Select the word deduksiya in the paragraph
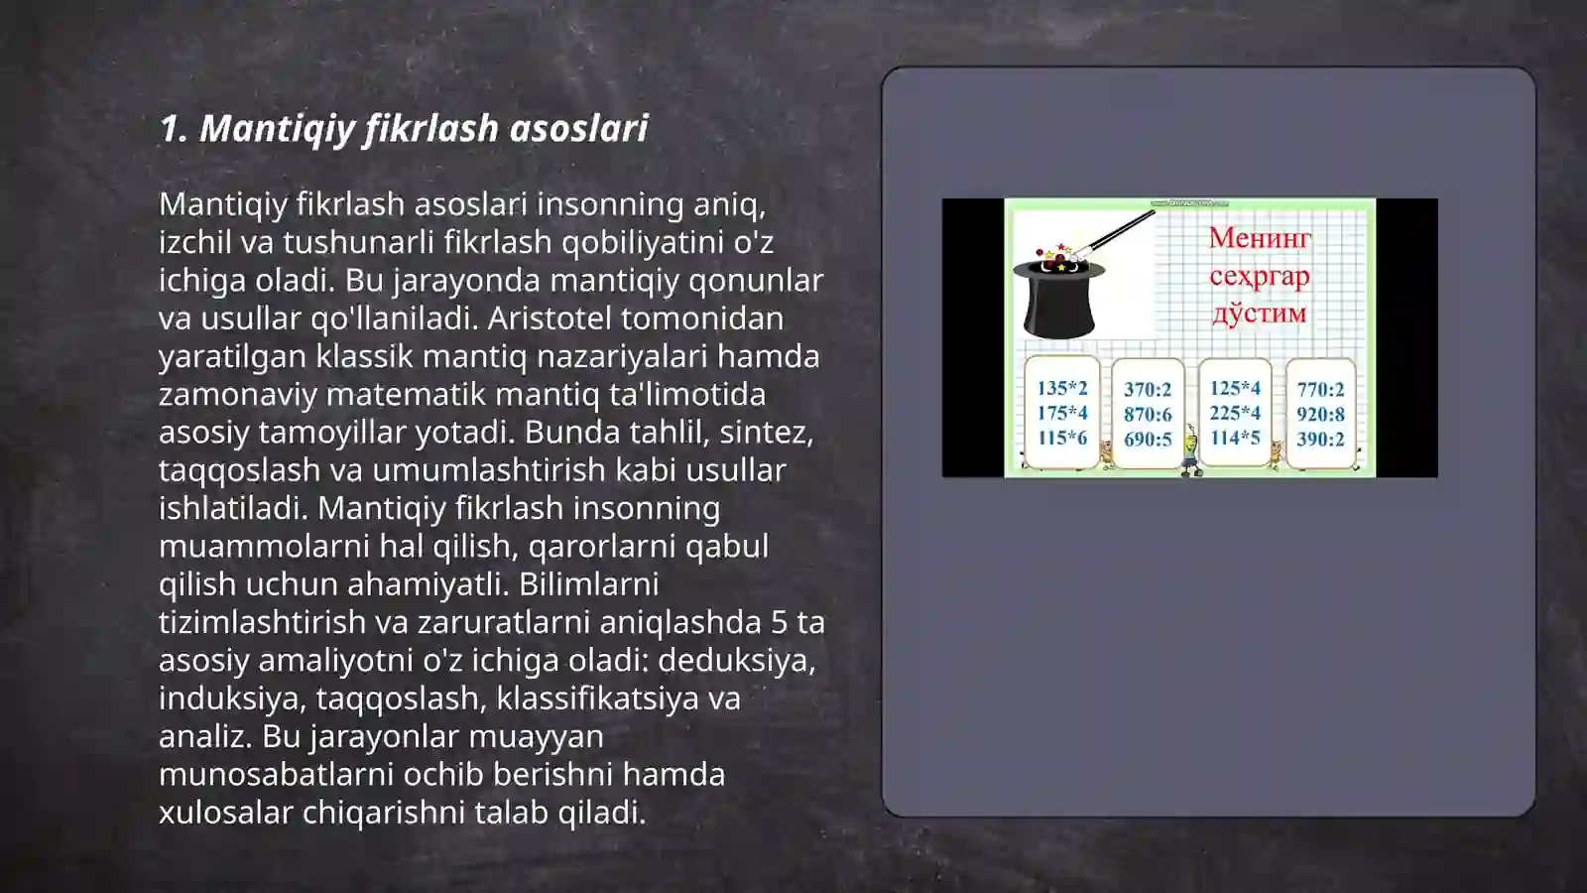pyautogui.click(x=736, y=660)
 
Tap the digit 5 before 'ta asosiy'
pyautogui.click(x=780, y=622)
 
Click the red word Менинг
pyautogui.click(x=1260, y=238)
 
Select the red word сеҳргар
pyautogui.click(x=1259, y=276)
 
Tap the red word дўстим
pyautogui.click(x=1259, y=314)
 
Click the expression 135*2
pyautogui.click(x=1062, y=388)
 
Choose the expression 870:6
pyautogui.click(x=1148, y=415)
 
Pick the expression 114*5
pyautogui.click(x=1235, y=438)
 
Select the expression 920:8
pyautogui.click(x=1320, y=415)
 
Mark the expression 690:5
pyautogui.click(x=1148, y=440)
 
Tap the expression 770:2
pyautogui.click(x=1320, y=390)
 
